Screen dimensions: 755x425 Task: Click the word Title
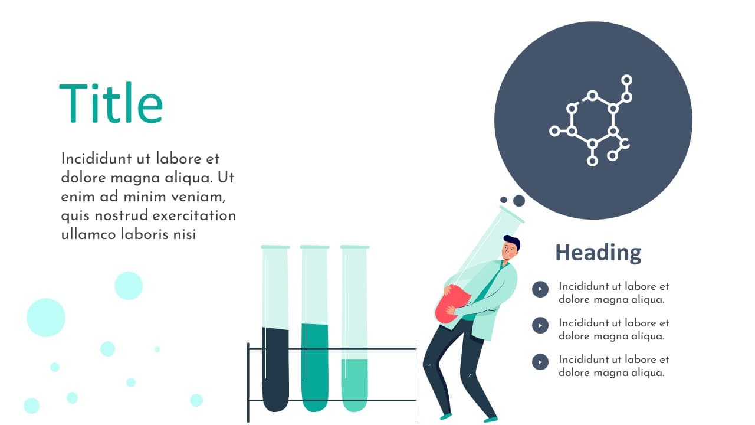click(x=111, y=103)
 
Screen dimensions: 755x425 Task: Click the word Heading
click(x=598, y=253)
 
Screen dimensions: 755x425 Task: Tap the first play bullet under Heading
click(x=540, y=289)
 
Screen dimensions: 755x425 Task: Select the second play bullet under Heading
click(x=540, y=325)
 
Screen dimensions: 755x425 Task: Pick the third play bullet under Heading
click(x=540, y=362)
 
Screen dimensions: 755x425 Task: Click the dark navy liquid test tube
click(x=275, y=329)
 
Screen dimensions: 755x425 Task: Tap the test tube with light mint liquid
click(x=354, y=329)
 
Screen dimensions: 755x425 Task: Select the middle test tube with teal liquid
click(x=314, y=329)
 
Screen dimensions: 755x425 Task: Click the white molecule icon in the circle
click(x=591, y=120)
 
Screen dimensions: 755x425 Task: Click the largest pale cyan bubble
click(x=46, y=318)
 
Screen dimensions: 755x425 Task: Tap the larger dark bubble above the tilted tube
click(x=518, y=200)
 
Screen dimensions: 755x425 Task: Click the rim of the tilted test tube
click(x=512, y=214)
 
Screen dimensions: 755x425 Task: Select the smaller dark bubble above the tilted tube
click(x=504, y=200)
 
